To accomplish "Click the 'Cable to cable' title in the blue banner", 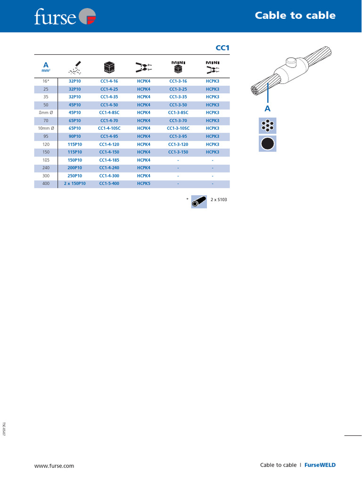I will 295,16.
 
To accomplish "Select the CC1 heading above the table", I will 222,48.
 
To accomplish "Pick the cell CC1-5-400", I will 109,183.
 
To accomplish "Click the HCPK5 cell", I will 143,183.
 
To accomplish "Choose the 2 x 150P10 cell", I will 75,183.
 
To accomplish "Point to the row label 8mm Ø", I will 46,113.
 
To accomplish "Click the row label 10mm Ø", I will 46,128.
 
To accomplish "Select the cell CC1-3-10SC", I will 178,128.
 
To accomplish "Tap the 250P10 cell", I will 75,175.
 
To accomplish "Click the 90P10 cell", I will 75,136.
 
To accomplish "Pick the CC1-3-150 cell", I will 178,152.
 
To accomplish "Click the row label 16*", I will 46,82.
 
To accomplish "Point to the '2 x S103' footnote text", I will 219,200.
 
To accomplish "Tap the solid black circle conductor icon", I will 267,143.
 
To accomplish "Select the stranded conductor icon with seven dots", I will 267,126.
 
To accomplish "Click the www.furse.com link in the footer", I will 54,466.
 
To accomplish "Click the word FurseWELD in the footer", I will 320,465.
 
